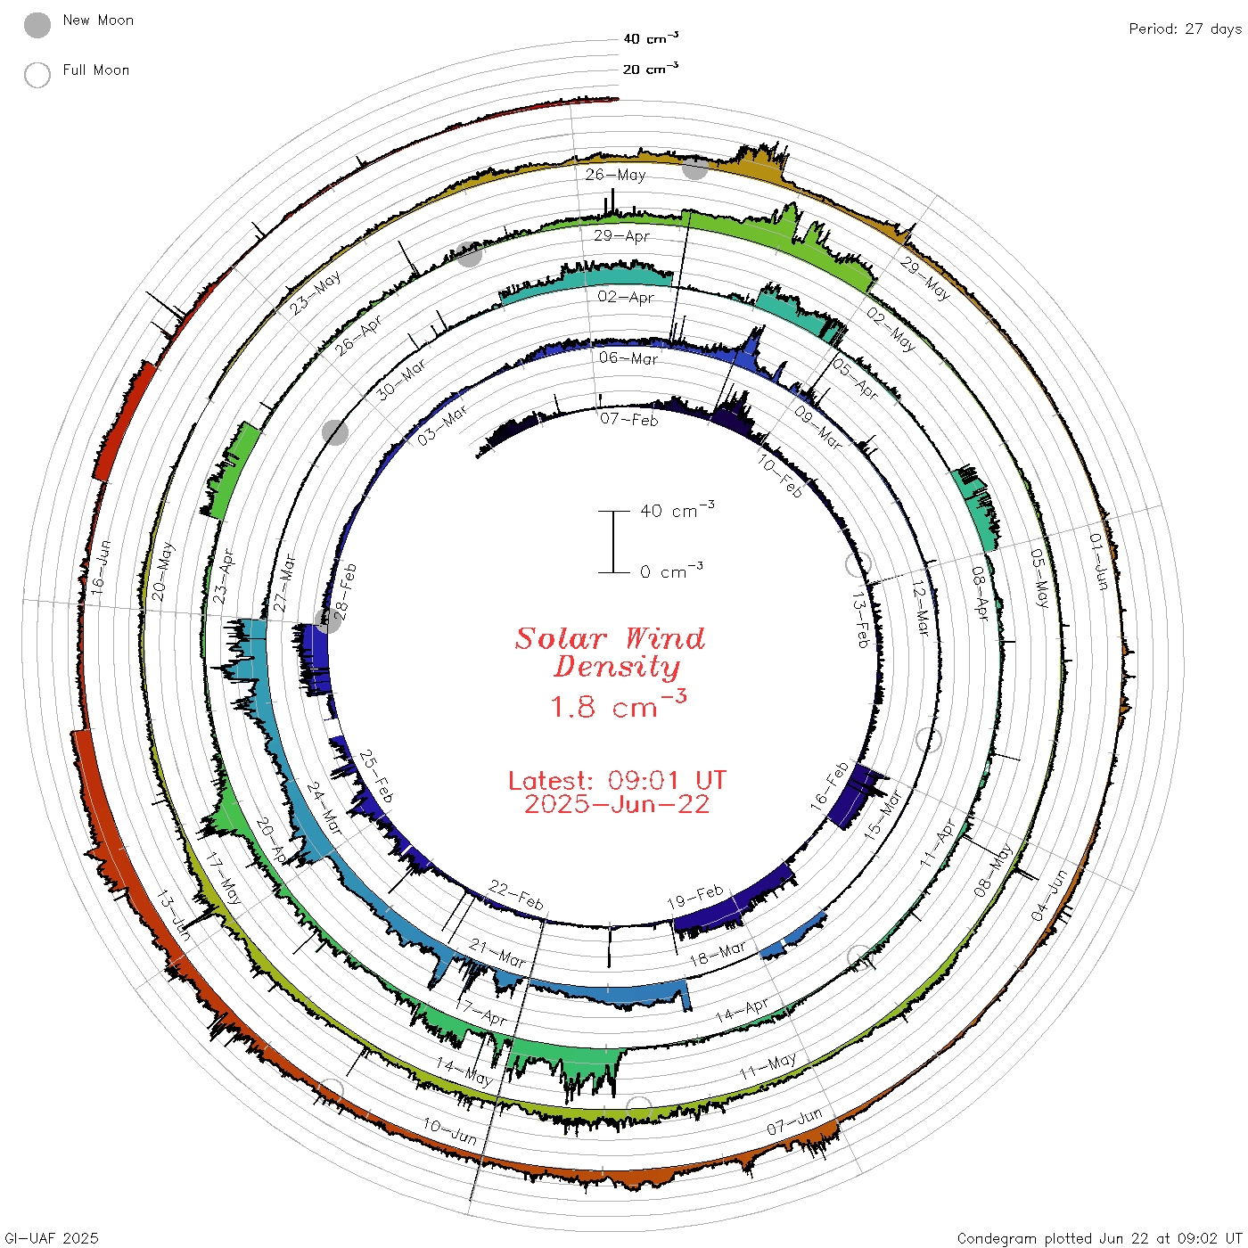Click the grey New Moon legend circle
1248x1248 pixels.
point(37,25)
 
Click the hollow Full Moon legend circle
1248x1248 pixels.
point(37,75)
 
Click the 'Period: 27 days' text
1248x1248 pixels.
point(1186,29)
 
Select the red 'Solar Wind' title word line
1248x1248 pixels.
point(610,638)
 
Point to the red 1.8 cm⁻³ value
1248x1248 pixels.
point(619,705)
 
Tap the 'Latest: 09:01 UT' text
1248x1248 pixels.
point(617,780)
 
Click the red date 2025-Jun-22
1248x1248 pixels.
point(617,804)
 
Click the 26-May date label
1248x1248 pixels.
point(615,175)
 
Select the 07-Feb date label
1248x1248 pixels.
point(628,420)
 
